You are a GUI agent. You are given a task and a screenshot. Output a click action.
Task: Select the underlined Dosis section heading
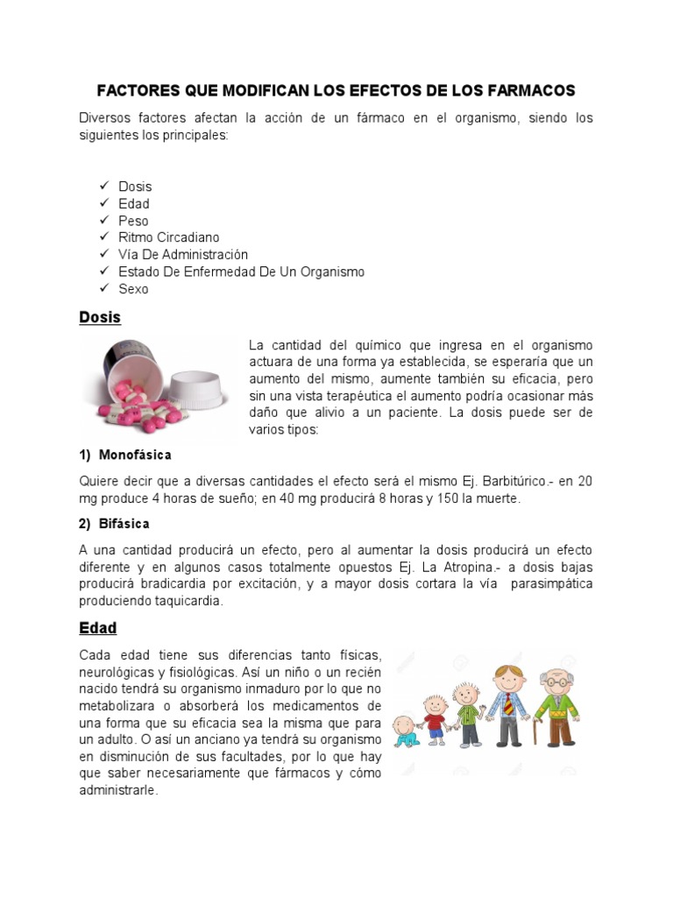100,317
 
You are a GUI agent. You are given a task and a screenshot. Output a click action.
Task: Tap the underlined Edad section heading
98,628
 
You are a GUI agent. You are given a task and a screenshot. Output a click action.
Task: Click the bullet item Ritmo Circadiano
169,237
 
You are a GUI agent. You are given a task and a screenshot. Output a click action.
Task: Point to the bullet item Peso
133,221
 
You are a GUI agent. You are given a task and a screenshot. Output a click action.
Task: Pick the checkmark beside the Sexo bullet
103,288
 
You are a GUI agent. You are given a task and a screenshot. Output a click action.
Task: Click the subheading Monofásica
135,456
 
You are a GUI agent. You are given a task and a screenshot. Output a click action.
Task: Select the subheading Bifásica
124,524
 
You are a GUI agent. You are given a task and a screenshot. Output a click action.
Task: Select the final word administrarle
118,790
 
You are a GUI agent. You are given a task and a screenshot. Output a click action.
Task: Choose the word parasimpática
550,583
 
